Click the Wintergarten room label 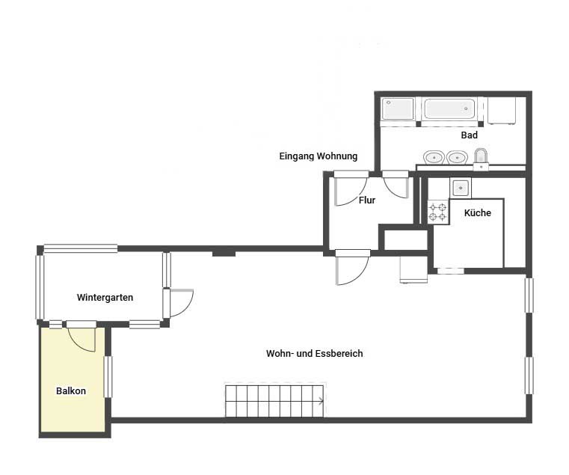105,298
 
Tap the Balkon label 71,390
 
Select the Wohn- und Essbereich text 314,353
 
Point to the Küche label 478,212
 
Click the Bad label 470,135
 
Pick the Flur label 367,200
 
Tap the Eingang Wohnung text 319,156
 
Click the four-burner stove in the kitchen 438,212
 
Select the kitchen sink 461,188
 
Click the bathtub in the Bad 449,108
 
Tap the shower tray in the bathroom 398,108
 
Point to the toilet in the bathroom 481,158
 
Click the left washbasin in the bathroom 434,158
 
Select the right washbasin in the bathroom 457,158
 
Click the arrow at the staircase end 321,401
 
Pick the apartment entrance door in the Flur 350,191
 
